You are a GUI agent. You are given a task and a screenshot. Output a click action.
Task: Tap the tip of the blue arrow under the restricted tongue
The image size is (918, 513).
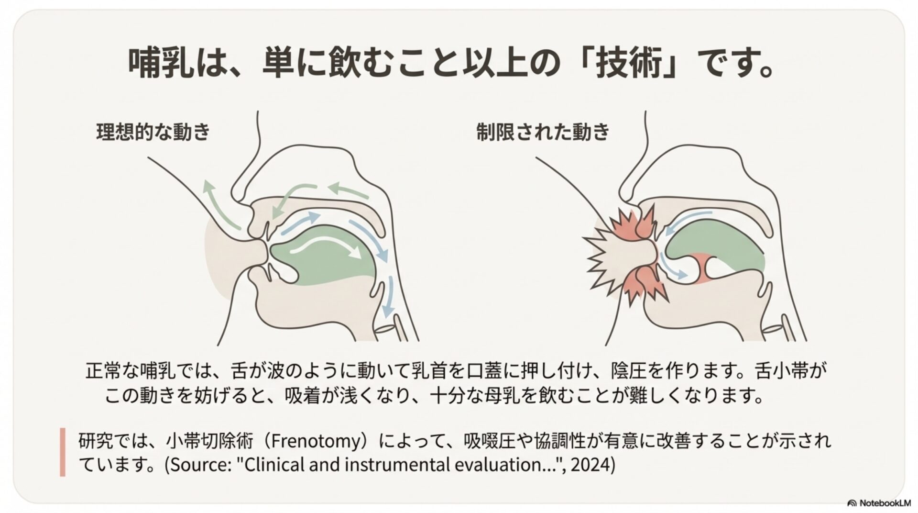pyautogui.click(x=688, y=276)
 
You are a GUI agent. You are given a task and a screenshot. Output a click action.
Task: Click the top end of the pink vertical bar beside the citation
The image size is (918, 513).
pyautogui.click(x=63, y=429)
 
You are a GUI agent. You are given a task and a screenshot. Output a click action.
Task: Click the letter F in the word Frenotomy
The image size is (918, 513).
pyautogui.click(x=274, y=440)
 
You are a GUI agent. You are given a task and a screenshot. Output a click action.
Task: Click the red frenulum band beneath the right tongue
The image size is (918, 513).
pyautogui.click(x=703, y=268)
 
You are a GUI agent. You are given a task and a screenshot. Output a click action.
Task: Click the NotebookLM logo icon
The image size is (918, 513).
pyautogui.click(x=852, y=503)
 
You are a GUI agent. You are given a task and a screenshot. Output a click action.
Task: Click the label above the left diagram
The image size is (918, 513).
pyautogui.click(x=153, y=132)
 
